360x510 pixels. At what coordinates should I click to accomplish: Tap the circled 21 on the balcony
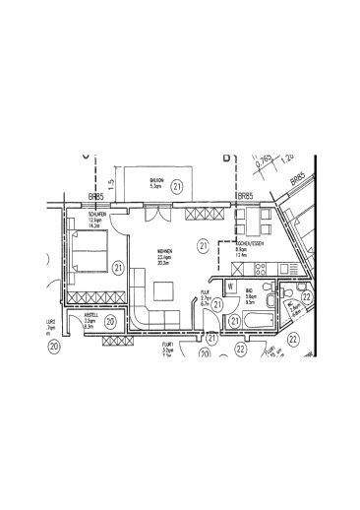coord(177,185)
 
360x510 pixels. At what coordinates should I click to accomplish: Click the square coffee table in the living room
coord(163,290)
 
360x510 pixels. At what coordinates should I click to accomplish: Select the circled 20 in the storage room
coord(110,321)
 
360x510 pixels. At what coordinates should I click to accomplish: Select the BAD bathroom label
coord(251,292)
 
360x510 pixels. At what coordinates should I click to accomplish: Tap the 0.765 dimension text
coord(265,157)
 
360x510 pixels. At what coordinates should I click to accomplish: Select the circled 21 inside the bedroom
coord(117,266)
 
